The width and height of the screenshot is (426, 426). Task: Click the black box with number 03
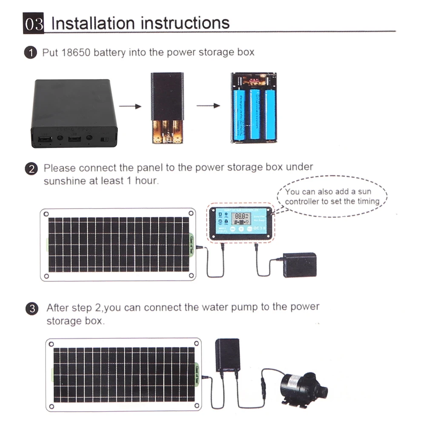tap(34, 23)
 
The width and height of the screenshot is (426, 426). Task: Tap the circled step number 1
tap(31, 53)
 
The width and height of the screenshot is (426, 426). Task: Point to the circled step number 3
tap(32, 309)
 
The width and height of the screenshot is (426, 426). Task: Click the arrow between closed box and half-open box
tap(129, 106)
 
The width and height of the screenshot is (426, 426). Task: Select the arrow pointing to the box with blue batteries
tap(208, 106)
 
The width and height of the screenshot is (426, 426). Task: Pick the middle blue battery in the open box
tap(255, 114)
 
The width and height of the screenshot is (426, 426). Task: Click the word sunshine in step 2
tap(65, 180)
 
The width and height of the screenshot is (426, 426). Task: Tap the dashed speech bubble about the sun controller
tap(332, 196)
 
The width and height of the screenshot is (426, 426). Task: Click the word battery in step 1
tap(109, 52)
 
